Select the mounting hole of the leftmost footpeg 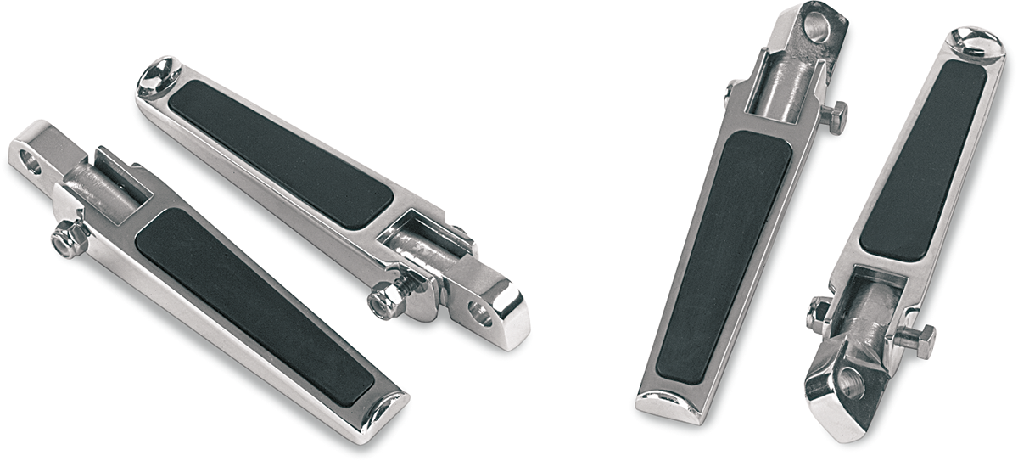(x=31, y=161)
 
